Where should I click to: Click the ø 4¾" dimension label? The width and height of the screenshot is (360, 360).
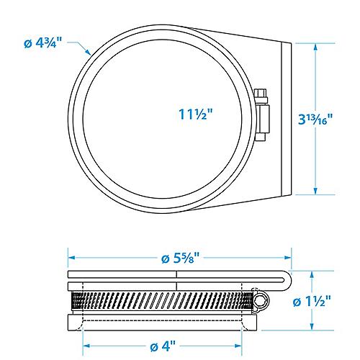43,43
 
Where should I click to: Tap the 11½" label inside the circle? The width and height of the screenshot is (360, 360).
196,114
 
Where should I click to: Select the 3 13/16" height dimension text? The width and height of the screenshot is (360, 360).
315,119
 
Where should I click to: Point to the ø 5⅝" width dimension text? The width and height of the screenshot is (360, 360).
180,258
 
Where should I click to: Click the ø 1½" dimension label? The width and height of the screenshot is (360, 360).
312,301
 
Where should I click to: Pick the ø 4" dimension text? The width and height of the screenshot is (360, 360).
163,346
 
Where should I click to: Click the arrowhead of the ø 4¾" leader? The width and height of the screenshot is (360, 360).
88,52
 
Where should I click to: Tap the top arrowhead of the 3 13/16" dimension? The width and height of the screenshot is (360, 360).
315,48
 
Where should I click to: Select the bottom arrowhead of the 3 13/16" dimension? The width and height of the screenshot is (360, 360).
315,191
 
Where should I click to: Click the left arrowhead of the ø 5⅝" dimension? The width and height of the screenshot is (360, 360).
72,258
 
